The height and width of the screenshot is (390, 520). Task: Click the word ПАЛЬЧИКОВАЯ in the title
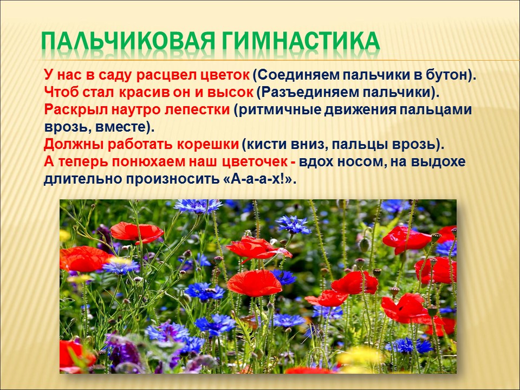(x=129, y=42)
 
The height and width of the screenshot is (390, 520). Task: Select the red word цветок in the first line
(x=225, y=75)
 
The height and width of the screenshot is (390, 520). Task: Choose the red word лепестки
(x=197, y=109)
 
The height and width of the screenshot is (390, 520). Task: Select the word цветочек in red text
(x=255, y=161)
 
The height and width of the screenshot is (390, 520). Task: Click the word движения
(x=360, y=110)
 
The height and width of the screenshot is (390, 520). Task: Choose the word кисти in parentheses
(x=264, y=145)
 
